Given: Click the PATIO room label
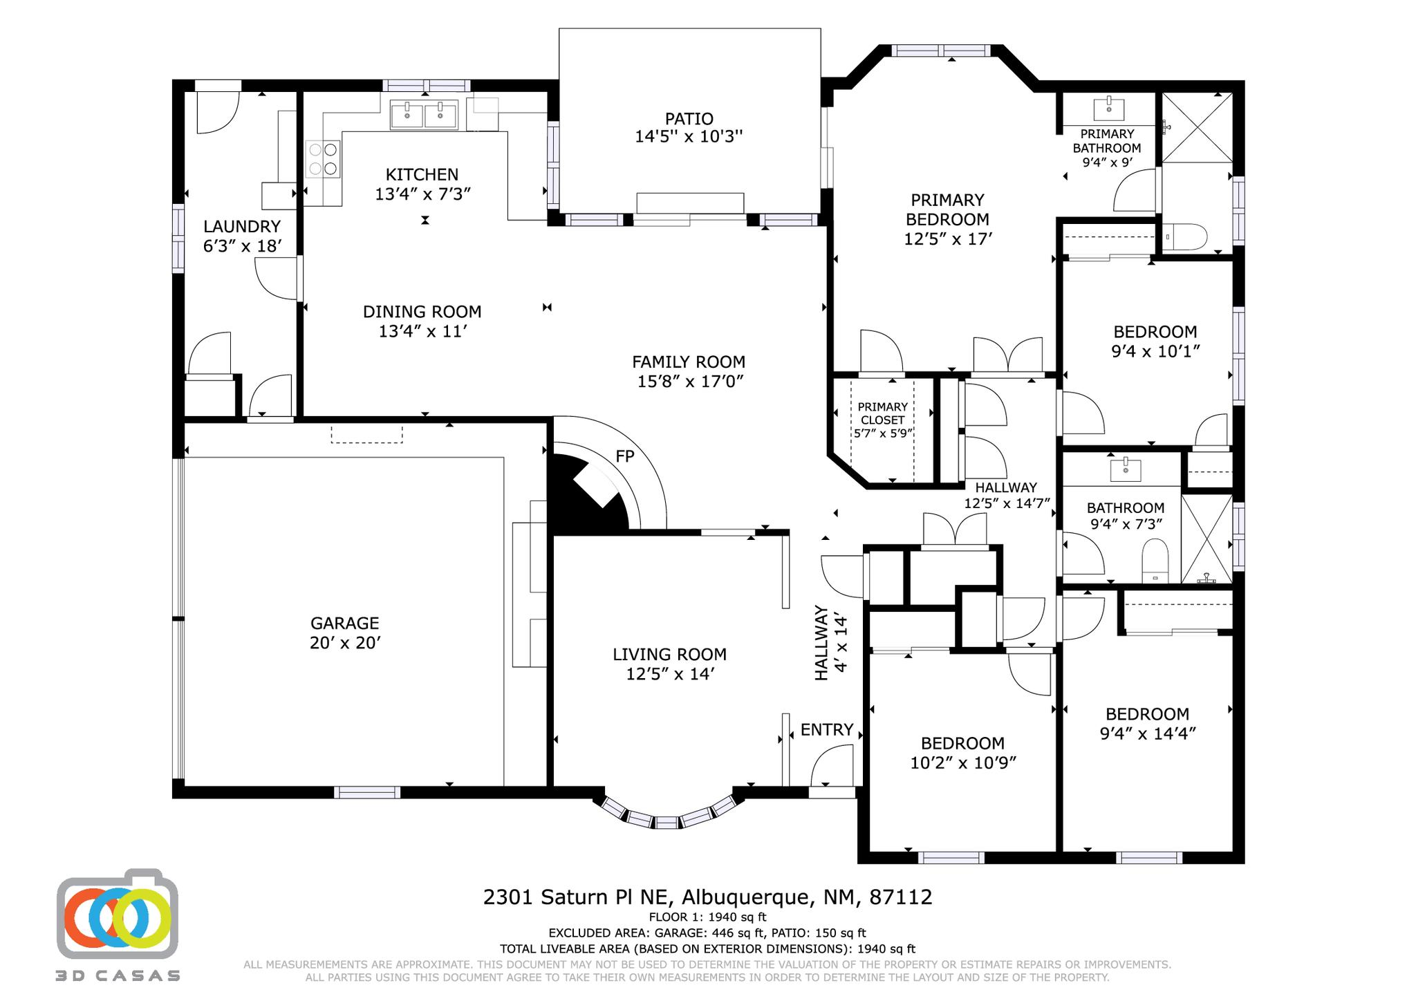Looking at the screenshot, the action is pos(689,119).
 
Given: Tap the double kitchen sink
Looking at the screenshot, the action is pos(424,115).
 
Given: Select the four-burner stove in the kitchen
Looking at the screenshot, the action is pos(324,158).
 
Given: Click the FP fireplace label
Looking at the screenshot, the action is pos(625,456).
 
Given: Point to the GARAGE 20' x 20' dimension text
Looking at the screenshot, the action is pos(345,643).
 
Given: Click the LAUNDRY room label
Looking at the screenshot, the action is pos(242,226).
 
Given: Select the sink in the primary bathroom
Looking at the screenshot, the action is pos(1108,109).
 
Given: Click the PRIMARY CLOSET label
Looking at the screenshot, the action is pos(883,413).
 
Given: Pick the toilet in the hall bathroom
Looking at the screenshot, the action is pos(1155,561).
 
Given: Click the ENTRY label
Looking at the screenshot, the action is pos(827,730).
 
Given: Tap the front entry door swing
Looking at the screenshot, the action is pos(831,768).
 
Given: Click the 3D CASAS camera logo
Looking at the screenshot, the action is pos(118,913).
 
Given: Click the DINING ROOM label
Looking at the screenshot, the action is pos(422,312).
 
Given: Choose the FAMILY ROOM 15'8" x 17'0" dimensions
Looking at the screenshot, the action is pos(690,382).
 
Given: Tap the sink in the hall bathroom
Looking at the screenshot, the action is pos(1126,469).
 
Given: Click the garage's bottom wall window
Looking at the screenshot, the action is pos(368,792).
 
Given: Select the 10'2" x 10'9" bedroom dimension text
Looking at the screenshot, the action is pos(963,763).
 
